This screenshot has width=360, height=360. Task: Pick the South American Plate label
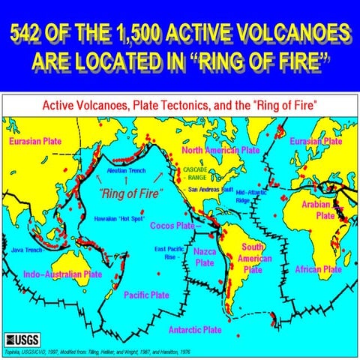(252, 257)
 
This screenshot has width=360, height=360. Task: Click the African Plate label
(317, 268)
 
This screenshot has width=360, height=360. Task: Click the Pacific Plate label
(147, 295)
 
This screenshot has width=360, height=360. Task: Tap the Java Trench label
(27, 250)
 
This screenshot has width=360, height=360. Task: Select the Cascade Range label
(196, 174)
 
